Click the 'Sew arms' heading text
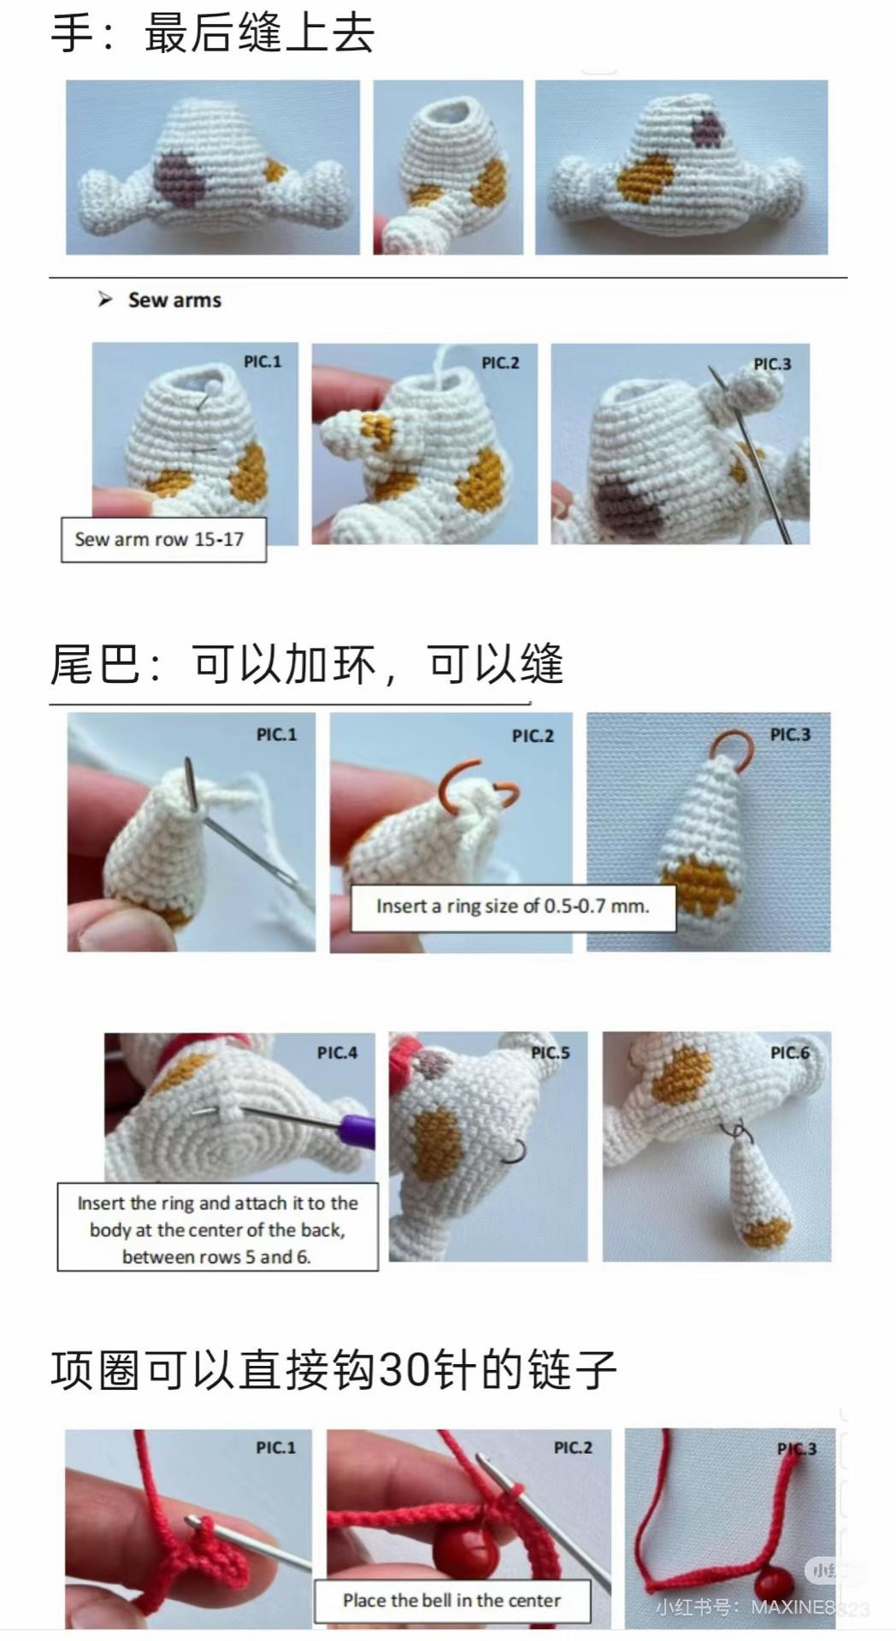(x=174, y=300)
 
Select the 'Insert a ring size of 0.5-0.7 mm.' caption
(x=513, y=907)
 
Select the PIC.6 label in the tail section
(x=790, y=1052)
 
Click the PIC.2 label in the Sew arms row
(x=500, y=362)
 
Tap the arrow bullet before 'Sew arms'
(x=105, y=299)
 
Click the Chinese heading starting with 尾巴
(x=306, y=663)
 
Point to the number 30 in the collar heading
(x=402, y=1369)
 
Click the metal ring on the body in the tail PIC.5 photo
(x=516, y=1151)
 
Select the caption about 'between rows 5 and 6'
(x=217, y=1229)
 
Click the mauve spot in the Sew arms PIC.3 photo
(x=630, y=504)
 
